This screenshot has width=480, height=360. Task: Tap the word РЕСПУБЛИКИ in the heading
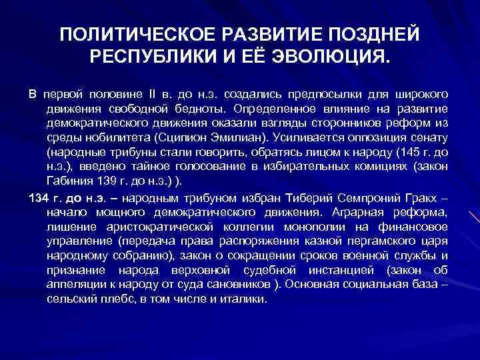pyautogui.click(x=149, y=54)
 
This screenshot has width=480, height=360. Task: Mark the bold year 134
pyautogui.click(x=37, y=198)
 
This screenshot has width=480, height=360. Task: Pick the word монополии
pyautogui.click(x=293, y=227)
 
